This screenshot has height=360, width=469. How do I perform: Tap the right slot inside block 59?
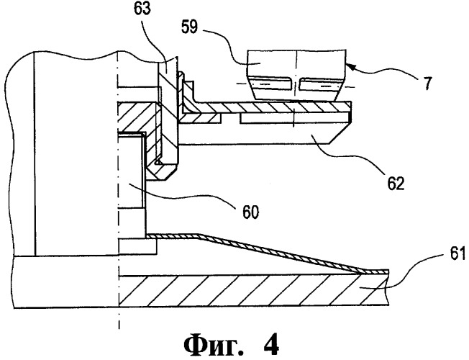point(320,84)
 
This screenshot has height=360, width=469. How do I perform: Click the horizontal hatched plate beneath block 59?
point(273,107)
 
